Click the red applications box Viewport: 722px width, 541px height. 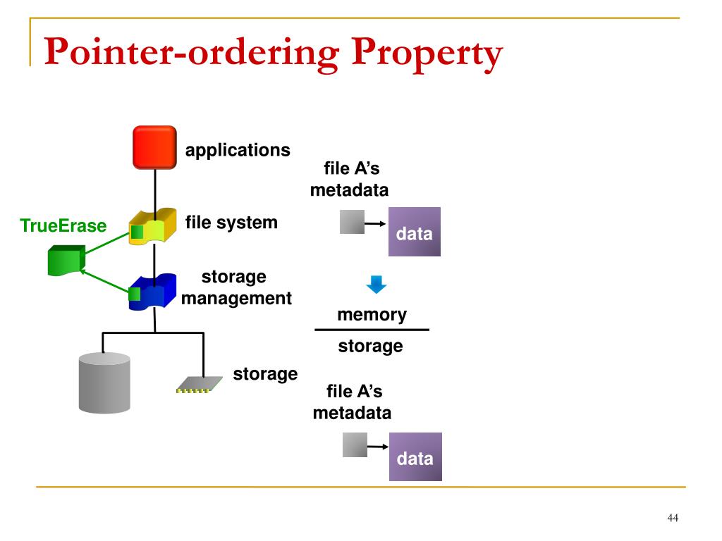pyautogui.click(x=154, y=147)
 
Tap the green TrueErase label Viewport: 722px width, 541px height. pyautogui.click(x=63, y=226)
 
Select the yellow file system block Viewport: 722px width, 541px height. pyautogui.click(x=152, y=226)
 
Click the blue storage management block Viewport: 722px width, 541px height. pyautogui.click(x=152, y=292)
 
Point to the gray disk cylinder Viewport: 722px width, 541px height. pyautogui.click(x=104, y=383)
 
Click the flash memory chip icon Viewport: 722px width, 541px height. pyautogui.click(x=200, y=385)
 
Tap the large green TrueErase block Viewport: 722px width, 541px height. pyautogui.click(x=67, y=261)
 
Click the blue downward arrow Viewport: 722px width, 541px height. pyautogui.click(x=377, y=285)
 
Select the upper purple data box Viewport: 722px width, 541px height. pyautogui.click(x=415, y=231)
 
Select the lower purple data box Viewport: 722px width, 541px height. pyautogui.click(x=415, y=456)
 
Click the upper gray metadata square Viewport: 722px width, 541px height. pyautogui.click(x=353, y=222)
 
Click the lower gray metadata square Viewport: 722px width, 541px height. pyautogui.click(x=355, y=445)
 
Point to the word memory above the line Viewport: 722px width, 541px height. pyautogui.click(x=372, y=315)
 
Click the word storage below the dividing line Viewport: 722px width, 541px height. pyautogui.click(x=371, y=346)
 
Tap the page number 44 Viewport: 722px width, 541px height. pyautogui.click(x=673, y=518)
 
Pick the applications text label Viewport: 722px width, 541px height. pyautogui.click(x=238, y=151)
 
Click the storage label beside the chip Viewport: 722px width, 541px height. pyautogui.click(x=265, y=374)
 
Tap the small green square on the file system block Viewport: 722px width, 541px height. pyautogui.click(x=137, y=231)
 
